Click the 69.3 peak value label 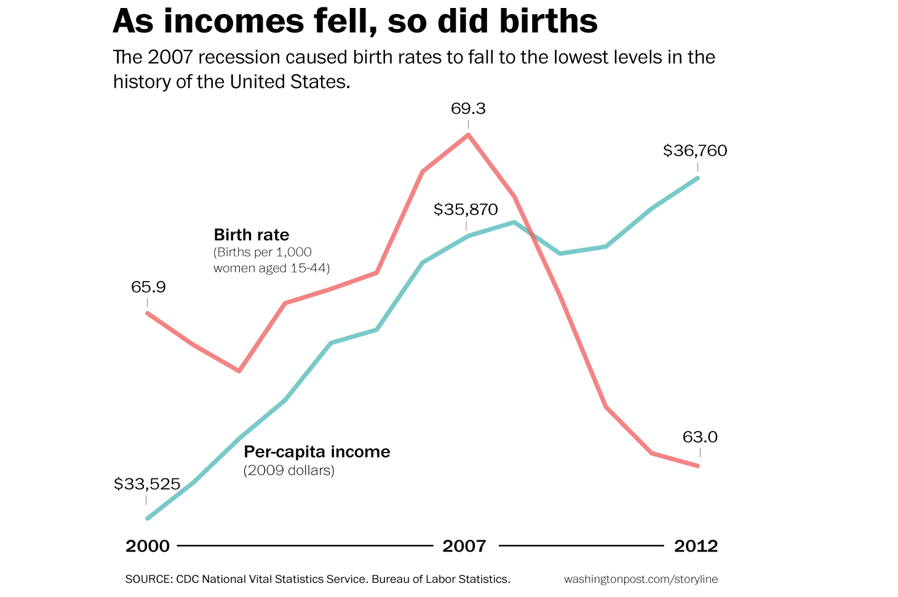click(468, 109)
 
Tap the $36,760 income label click(695, 151)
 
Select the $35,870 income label click(466, 210)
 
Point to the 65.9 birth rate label click(148, 287)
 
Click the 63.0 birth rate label click(700, 437)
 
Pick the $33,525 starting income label click(147, 484)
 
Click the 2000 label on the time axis click(148, 546)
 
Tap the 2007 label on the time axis click(464, 546)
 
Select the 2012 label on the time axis click(696, 546)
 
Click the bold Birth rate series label click(251, 235)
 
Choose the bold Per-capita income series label click(317, 452)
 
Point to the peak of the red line click(469, 135)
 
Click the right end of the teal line click(698, 178)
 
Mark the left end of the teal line click(148, 518)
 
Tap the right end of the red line click(698, 465)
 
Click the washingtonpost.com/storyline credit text click(640, 579)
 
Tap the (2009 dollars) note click(289, 472)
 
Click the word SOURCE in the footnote click(148, 579)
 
